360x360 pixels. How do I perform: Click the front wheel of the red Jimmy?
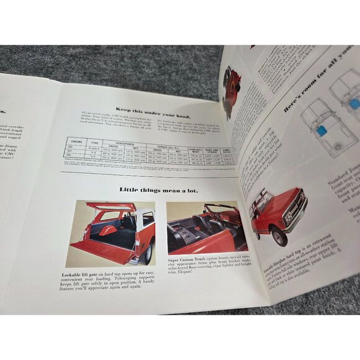pyautogui.click(x=279, y=235)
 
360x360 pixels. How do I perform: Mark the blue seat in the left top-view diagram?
pyautogui.click(x=322, y=131)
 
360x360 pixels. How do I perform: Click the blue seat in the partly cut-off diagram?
pyautogui.click(x=354, y=103)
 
